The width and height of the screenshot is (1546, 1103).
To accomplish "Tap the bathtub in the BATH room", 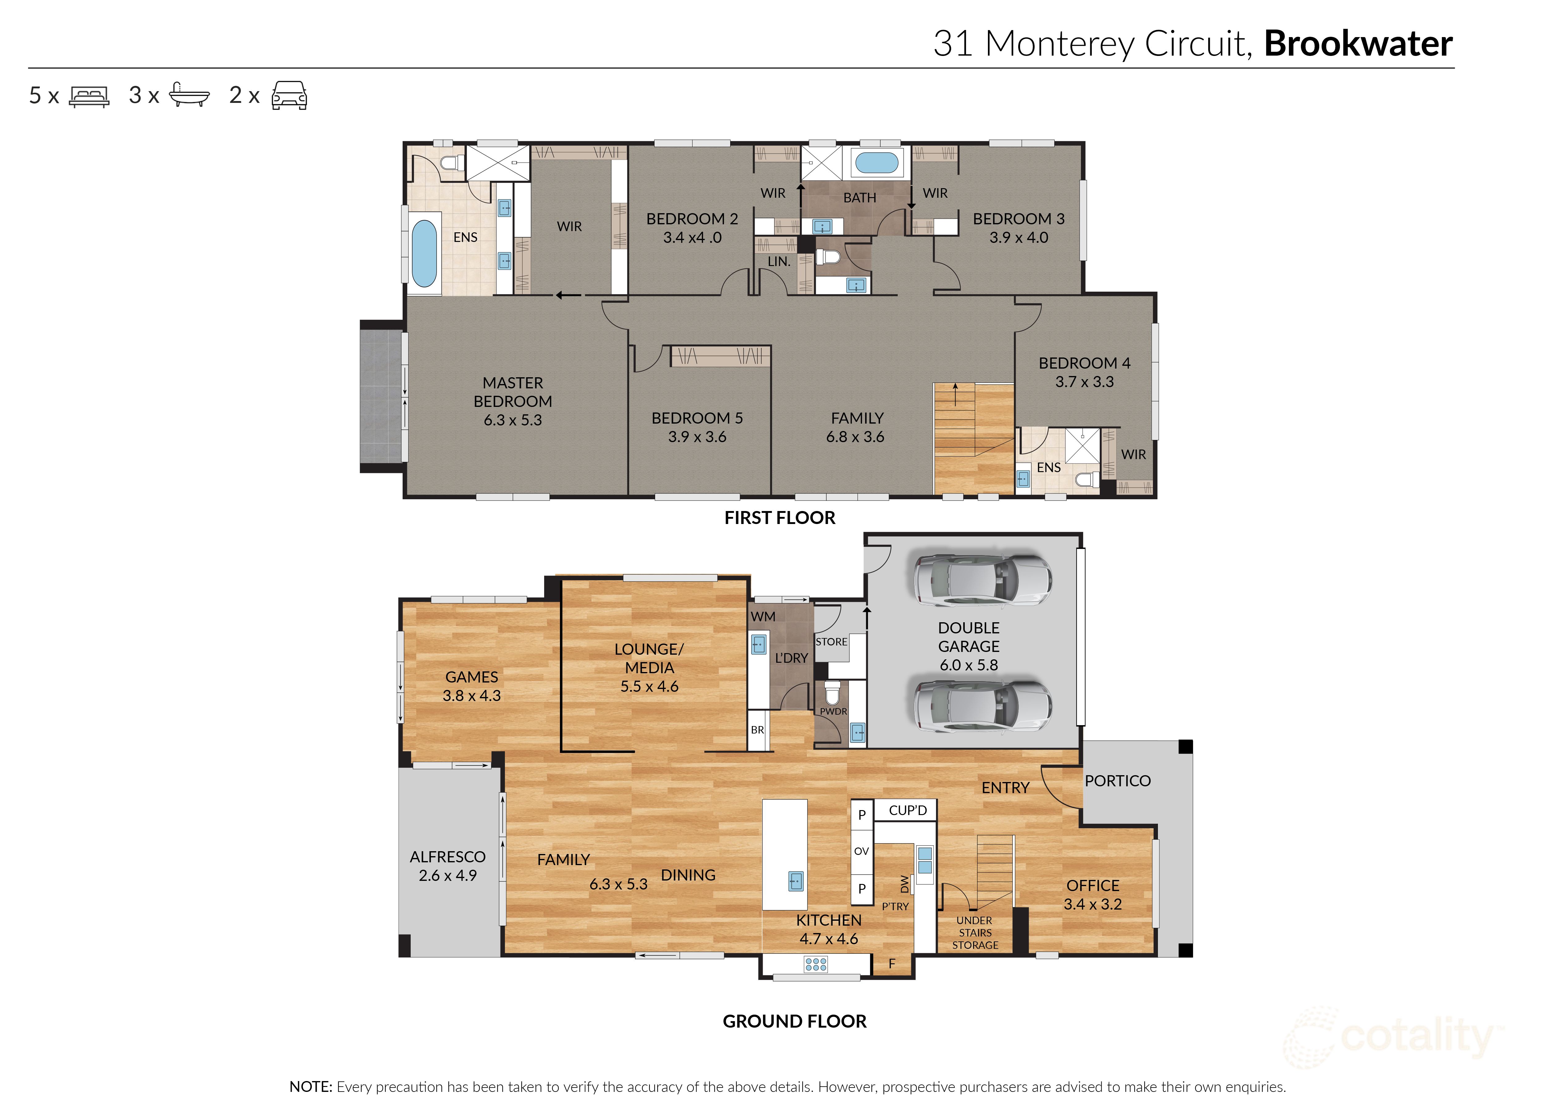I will coord(876,163).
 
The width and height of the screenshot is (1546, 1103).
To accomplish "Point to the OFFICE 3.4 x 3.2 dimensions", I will coord(1092,904).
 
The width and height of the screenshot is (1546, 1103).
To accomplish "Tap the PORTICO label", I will coord(1117,781).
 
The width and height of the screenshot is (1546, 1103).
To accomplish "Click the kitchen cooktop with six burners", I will coord(815,964).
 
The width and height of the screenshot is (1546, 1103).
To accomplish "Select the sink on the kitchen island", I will coord(795,881).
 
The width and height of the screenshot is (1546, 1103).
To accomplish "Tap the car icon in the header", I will coord(289,96).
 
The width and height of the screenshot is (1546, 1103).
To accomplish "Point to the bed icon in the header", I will coord(89,96).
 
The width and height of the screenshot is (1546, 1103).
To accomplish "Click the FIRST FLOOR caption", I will coord(779,518).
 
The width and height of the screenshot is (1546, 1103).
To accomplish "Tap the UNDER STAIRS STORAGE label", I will coord(975,932).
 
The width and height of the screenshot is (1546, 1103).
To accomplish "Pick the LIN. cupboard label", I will coord(778,261).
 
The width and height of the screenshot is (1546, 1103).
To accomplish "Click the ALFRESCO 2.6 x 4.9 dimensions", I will coord(448,876).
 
